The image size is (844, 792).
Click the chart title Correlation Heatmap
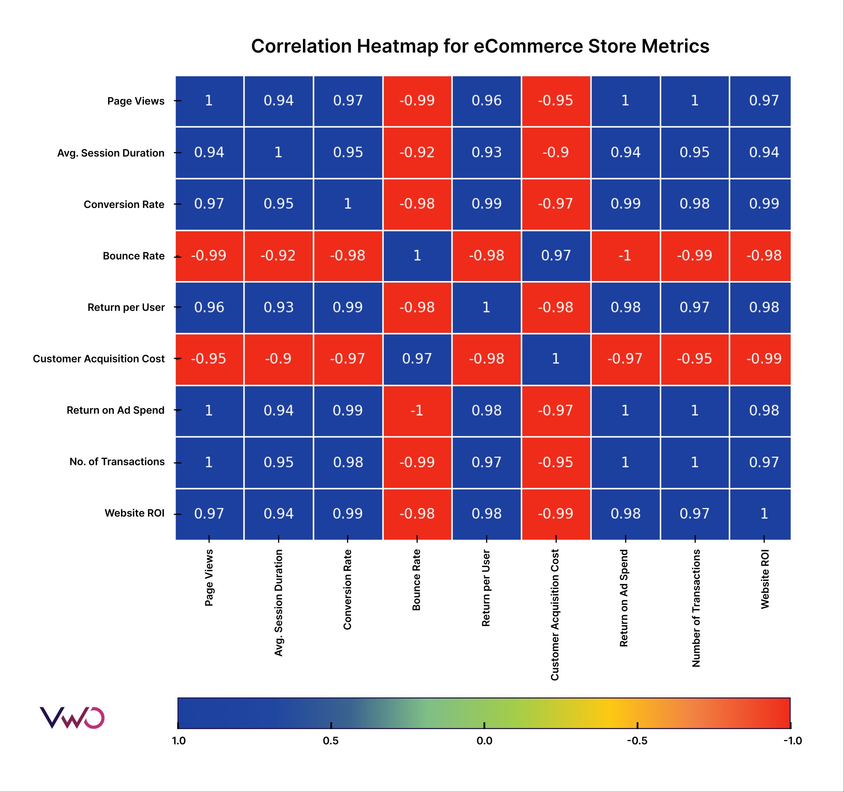[480, 46]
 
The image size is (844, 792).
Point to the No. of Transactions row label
[117, 462]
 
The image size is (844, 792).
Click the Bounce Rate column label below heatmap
[416, 580]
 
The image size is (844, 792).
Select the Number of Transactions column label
[696, 608]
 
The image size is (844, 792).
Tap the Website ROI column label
[765, 579]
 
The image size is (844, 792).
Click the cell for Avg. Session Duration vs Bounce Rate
[417, 152]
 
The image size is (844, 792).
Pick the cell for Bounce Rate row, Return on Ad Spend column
[625, 255]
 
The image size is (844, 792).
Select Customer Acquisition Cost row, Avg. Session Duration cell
[278, 359]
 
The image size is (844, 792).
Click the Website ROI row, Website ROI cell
[764, 514]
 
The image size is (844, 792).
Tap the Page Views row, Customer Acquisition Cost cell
[556, 101]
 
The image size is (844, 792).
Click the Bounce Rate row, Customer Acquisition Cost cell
[556, 255]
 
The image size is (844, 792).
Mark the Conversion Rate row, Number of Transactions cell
[694, 204]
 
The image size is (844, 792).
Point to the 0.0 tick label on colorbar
[484, 741]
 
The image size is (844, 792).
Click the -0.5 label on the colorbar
[637, 741]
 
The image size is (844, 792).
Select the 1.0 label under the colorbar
[179, 741]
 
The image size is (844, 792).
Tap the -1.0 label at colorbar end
[792, 741]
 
